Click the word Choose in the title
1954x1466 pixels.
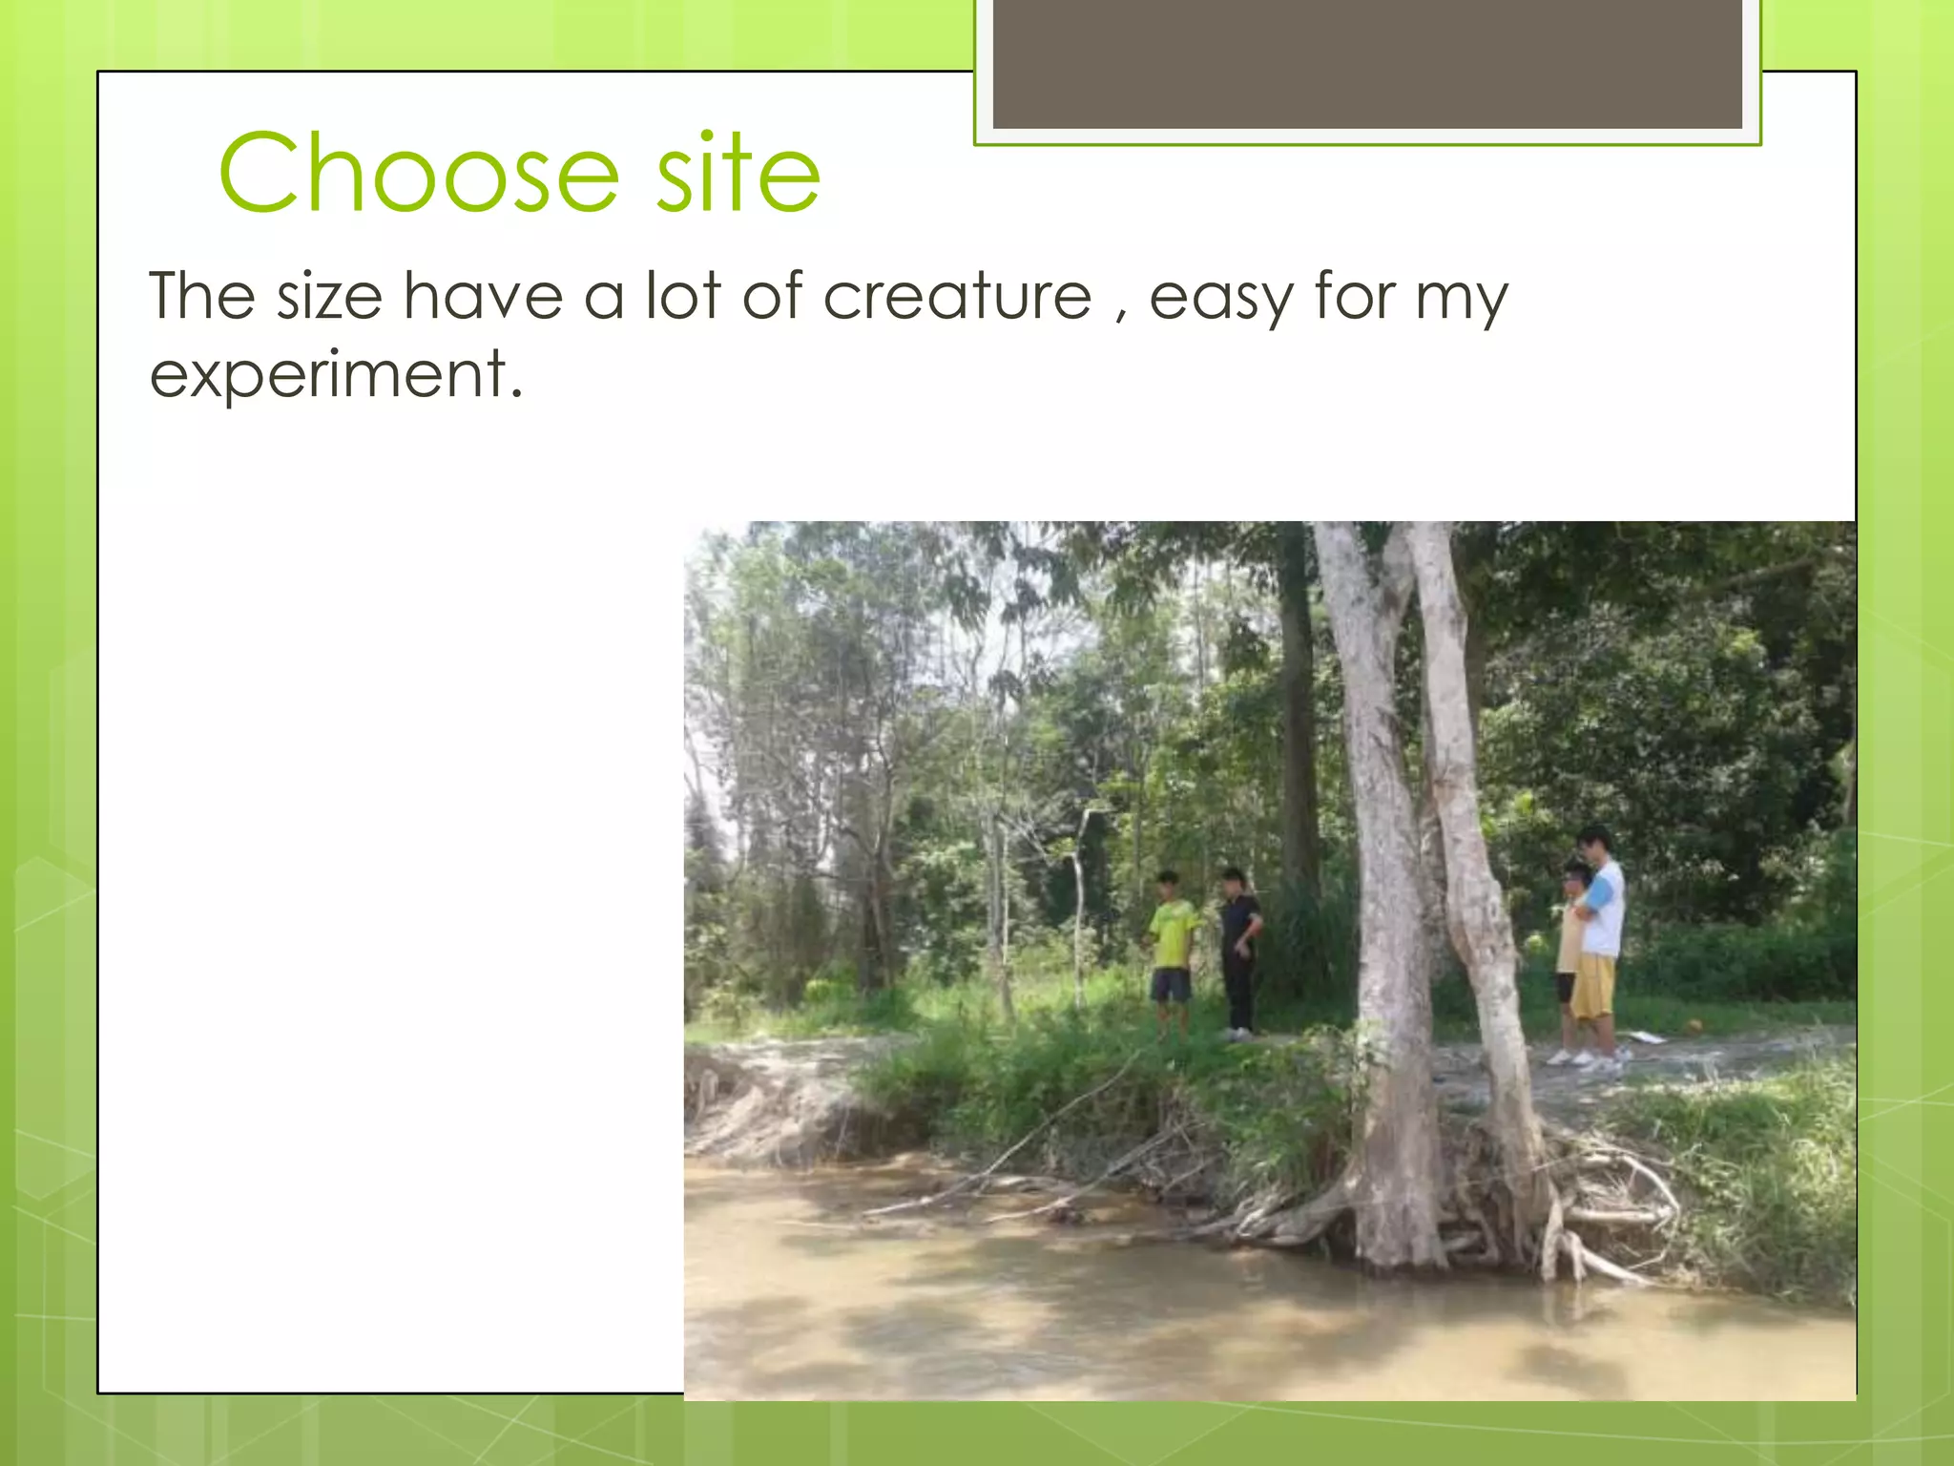pos(420,174)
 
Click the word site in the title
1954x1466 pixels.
pos(738,174)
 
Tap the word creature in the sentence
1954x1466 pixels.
pos(957,297)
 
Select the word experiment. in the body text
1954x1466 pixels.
pos(337,374)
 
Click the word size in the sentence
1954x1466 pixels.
pos(329,297)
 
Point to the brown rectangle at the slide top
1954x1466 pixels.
pos(1366,63)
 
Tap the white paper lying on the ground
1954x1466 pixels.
pos(1648,1037)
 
